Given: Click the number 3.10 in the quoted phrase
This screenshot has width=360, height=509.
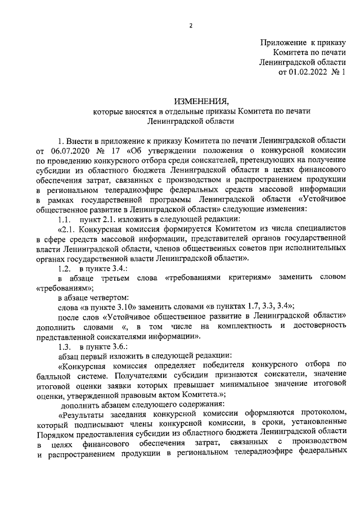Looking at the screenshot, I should coord(133,307).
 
